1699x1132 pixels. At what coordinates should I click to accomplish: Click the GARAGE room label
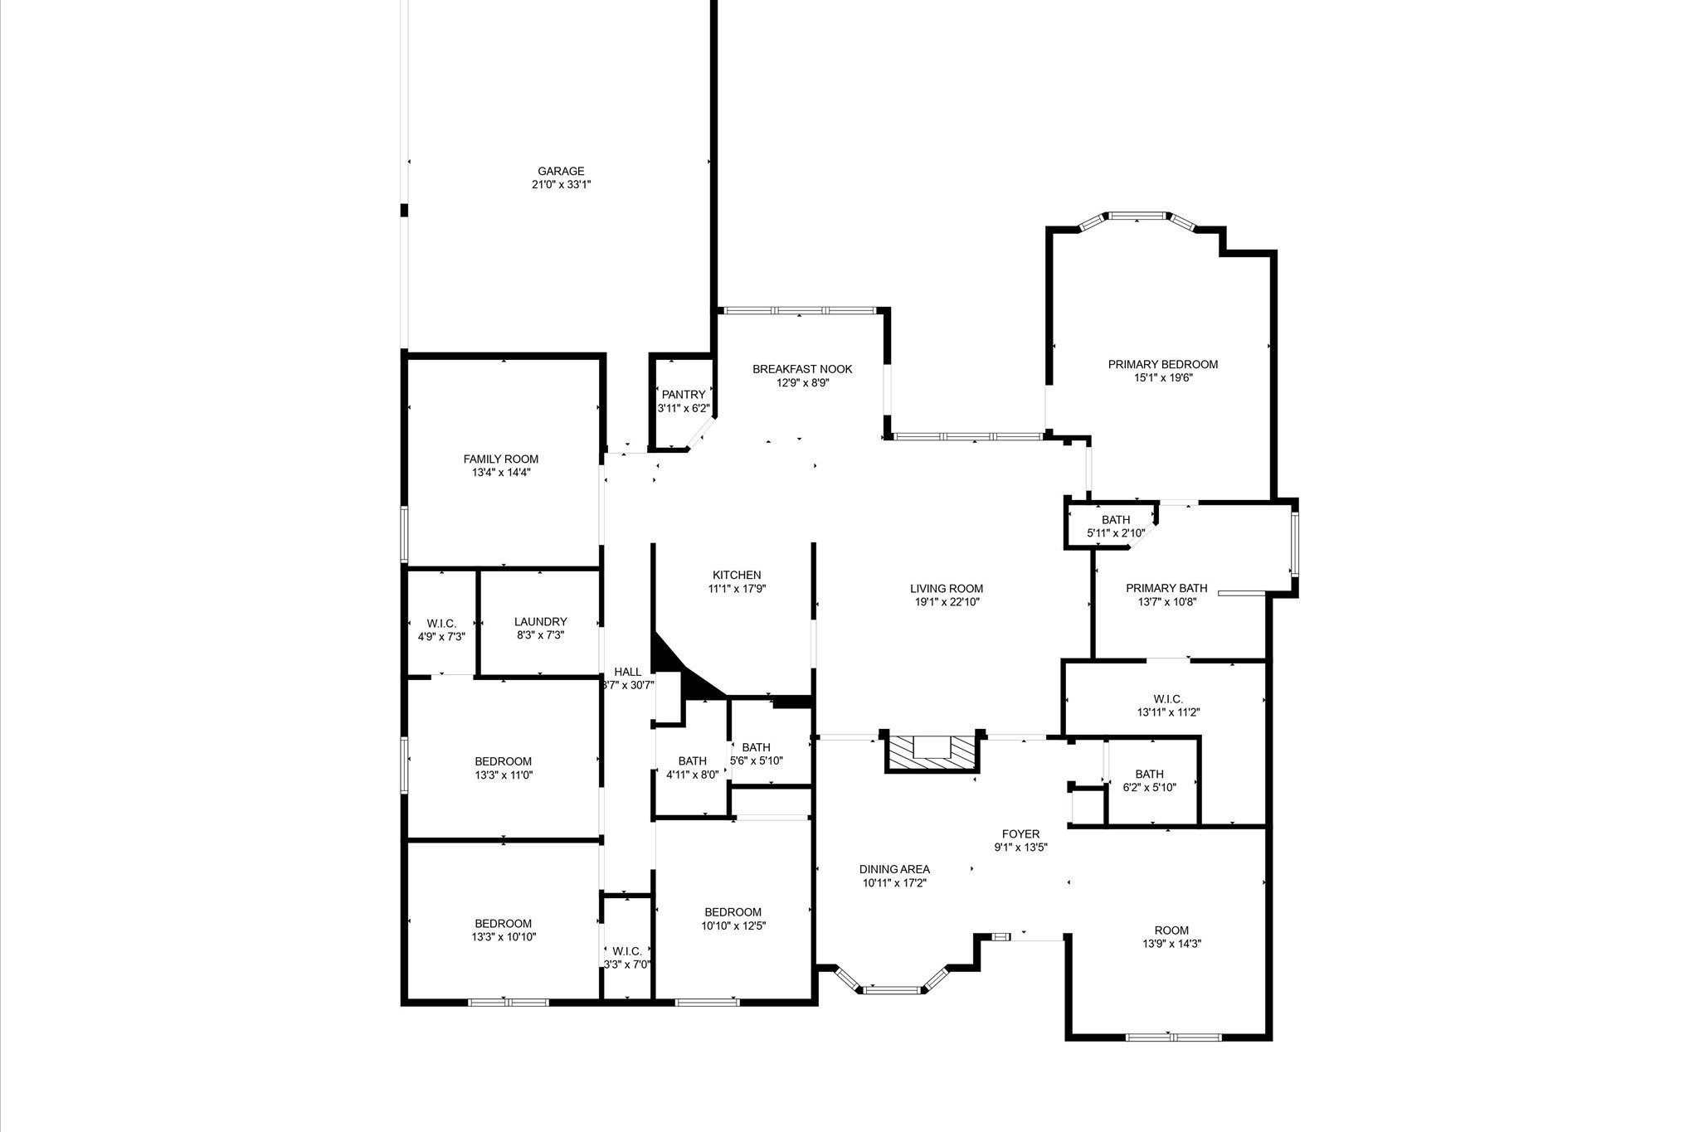561,172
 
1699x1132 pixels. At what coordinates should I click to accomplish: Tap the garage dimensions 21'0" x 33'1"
561,185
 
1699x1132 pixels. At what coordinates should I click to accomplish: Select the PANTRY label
684,395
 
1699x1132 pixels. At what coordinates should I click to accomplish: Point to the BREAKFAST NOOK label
802,369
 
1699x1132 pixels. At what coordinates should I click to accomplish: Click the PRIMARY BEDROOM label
1163,364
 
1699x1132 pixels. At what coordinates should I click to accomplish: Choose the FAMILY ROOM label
500,459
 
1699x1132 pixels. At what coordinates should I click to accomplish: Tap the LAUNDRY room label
540,621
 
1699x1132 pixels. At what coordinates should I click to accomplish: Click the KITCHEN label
737,575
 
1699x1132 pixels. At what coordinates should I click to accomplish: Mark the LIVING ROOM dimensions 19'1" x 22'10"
946,602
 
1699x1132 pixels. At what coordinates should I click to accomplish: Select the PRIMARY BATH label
1166,588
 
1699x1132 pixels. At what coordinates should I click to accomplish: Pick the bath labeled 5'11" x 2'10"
1116,527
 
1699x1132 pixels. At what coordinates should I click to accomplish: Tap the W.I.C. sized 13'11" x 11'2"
1168,705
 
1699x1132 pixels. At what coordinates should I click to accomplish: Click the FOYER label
1020,834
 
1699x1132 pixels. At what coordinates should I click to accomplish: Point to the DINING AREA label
894,869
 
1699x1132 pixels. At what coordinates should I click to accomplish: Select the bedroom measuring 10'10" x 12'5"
733,919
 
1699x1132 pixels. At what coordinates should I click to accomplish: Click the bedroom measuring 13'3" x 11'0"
503,768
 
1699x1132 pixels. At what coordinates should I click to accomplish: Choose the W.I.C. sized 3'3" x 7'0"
626,958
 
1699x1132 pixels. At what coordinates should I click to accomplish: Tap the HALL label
627,672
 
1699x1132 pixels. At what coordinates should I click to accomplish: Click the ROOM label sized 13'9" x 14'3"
1171,930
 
